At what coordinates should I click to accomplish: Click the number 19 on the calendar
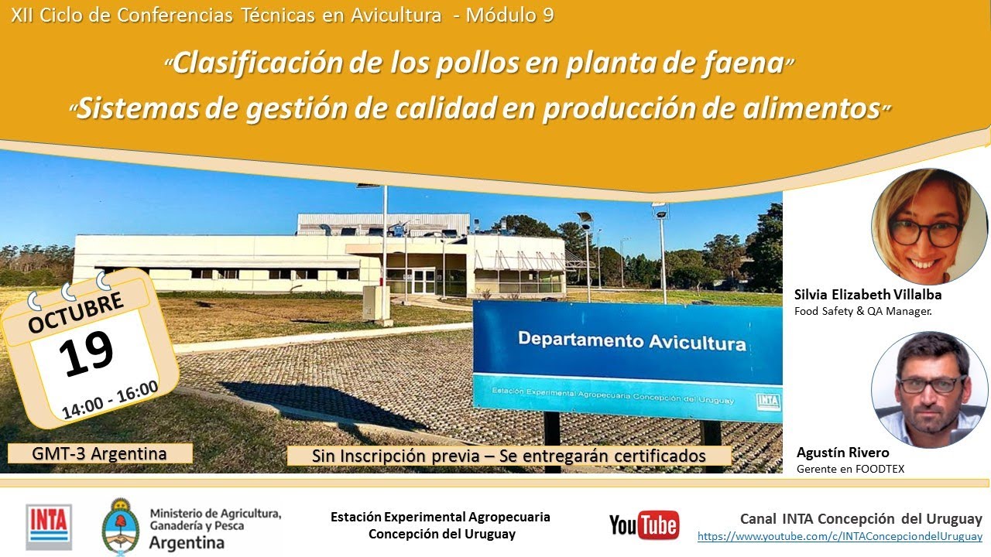pyautogui.click(x=86, y=354)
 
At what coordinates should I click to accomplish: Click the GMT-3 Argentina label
pyautogui.click(x=100, y=453)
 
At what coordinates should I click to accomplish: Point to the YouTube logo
pyautogui.click(x=644, y=525)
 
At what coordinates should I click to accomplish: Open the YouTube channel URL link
pyautogui.click(x=839, y=536)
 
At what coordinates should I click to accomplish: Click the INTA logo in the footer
pyautogui.click(x=49, y=526)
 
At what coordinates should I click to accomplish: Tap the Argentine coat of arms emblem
pyautogui.click(x=121, y=526)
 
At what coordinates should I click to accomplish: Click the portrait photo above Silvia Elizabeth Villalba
pyautogui.click(x=929, y=227)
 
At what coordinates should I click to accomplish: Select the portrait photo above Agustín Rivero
pyautogui.click(x=929, y=389)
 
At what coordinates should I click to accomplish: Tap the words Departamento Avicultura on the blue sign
pyautogui.click(x=632, y=340)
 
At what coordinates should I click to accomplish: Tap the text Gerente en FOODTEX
pyautogui.click(x=850, y=469)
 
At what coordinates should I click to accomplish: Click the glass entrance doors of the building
pyautogui.click(x=423, y=281)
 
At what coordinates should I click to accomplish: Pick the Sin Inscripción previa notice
pyautogui.click(x=509, y=456)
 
